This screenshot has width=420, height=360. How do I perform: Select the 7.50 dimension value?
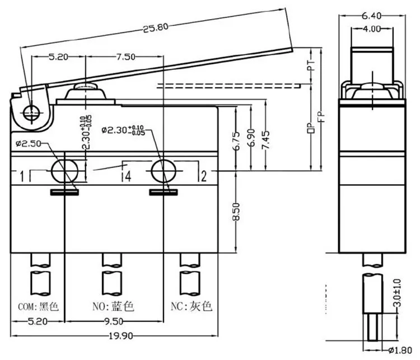[125, 57]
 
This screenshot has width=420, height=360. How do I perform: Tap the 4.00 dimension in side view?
[371, 28]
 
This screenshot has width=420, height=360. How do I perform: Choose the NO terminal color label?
[114, 307]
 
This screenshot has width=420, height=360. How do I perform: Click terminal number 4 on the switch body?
[127, 177]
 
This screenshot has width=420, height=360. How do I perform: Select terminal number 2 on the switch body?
[203, 177]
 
